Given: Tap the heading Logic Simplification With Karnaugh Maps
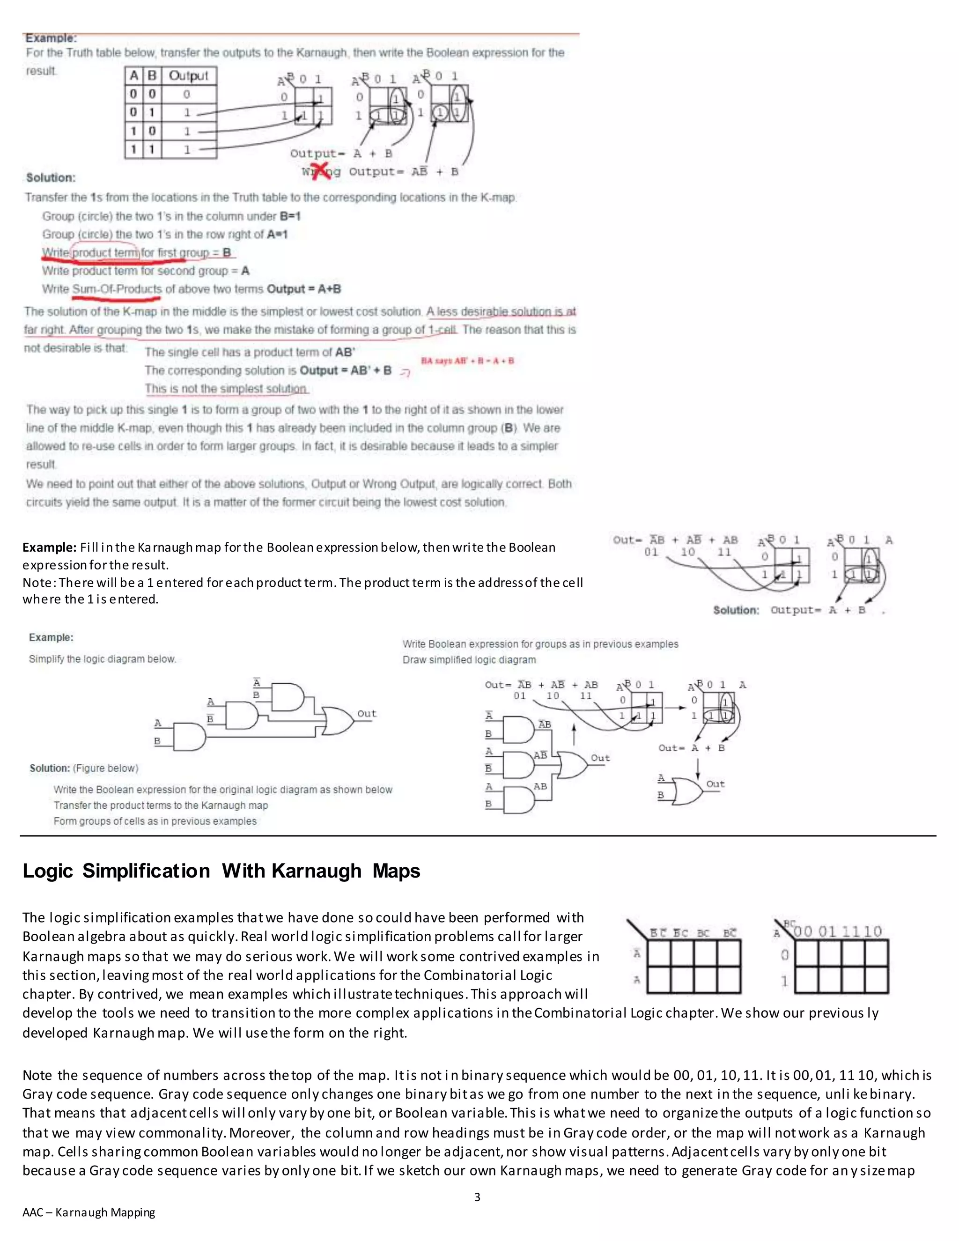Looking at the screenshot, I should click(x=221, y=871).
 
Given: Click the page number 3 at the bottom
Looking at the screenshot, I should click(x=477, y=1197).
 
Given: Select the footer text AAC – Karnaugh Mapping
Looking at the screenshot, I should click(x=89, y=1212).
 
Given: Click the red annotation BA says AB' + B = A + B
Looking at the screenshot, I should click(x=467, y=361).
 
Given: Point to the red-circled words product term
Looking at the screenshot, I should click(x=106, y=252).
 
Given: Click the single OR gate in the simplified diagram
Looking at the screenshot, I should click(x=687, y=791).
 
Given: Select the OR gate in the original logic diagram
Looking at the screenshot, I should click(x=338, y=722).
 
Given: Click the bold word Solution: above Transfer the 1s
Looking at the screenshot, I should click(x=51, y=178).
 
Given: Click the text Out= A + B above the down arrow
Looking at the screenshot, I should click(x=692, y=748).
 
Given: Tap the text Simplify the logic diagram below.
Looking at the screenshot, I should click(x=102, y=659).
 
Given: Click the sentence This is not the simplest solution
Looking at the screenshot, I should click(x=226, y=389).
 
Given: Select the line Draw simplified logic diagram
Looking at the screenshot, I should click(x=469, y=660).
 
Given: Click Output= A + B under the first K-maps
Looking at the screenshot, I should click(x=341, y=154).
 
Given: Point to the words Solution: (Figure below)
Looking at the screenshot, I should click(x=84, y=768).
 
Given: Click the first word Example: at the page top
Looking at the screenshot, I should click(x=51, y=38).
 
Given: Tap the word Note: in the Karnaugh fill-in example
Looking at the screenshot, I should click(x=39, y=583).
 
